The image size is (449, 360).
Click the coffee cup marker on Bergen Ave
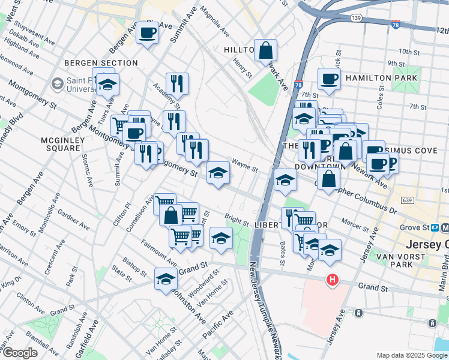tap(147, 33)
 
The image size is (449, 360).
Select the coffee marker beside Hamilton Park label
tap(329, 79)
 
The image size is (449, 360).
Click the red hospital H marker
tap(331, 280)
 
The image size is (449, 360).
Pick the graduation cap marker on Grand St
tap(166, 278)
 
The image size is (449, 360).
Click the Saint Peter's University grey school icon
tap(58, 83)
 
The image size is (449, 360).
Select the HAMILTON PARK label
tap(382, 78)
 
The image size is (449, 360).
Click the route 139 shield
tap(357, 19)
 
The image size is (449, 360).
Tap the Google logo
tap(20, 353)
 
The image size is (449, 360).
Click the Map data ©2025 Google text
tap(410, 355)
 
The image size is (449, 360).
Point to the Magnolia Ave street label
tap(214, 21)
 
